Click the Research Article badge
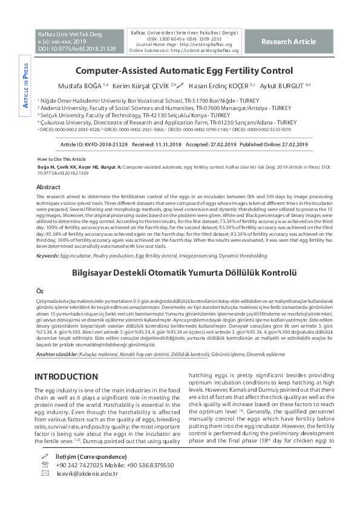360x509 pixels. tap(289, 41)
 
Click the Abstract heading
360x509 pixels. tap(48, 187)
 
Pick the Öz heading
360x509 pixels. tap(40, 291)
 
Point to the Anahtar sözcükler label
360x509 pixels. tap(57, 354)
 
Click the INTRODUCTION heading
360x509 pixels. tap(66, 377)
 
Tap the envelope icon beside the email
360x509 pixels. tap(44, 473)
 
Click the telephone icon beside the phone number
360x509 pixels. tap(44, 465)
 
